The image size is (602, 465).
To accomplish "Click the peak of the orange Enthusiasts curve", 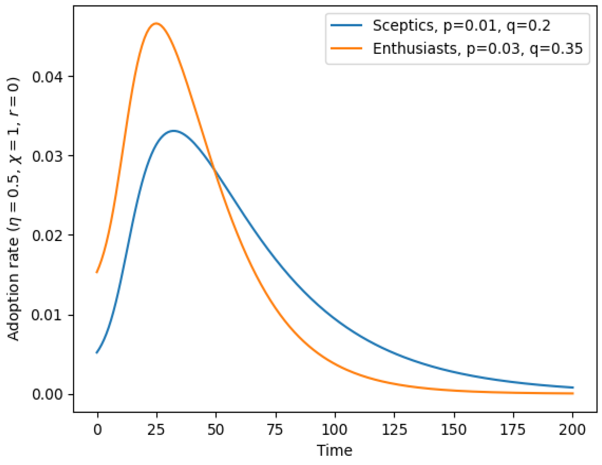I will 156,23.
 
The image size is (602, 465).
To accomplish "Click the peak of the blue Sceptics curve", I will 174,131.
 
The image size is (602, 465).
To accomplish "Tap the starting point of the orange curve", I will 97,272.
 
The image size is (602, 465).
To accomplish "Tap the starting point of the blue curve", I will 97,353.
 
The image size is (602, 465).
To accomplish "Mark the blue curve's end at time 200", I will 573,387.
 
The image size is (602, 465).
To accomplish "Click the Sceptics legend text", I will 461,26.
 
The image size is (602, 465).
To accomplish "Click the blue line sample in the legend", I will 346,25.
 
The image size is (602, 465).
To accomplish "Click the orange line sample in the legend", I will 346,48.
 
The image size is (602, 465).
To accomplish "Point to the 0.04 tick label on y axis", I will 47,77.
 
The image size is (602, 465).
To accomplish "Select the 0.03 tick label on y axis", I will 47,156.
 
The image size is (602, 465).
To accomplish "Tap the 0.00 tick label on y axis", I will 47,395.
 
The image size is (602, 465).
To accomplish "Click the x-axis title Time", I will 334,451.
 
